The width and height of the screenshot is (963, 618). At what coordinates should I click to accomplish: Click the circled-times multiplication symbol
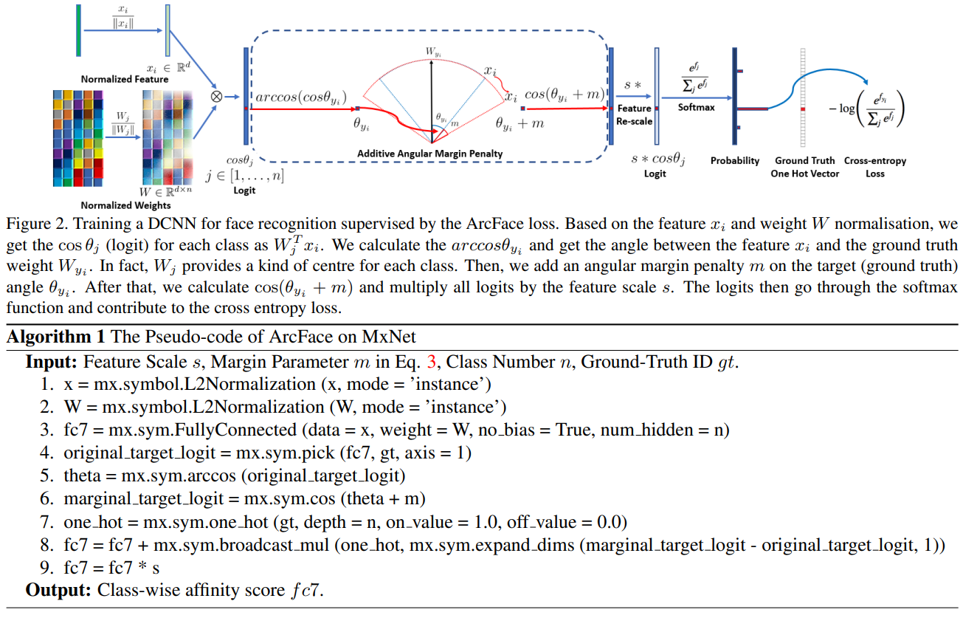coord(216,97)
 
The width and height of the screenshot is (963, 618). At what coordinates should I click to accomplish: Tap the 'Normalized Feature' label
coord(125,79)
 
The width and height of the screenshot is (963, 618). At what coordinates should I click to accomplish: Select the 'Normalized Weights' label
coord(125,205)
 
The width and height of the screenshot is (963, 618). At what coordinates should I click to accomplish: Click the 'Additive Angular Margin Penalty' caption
coord(430,154)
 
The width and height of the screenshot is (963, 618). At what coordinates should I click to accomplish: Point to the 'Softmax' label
coord(696,107)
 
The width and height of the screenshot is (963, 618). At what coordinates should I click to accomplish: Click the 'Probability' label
coord(735,160)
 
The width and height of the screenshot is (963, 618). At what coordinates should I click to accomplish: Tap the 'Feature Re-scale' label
coord(634,115)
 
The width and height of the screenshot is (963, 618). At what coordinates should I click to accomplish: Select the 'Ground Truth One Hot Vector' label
coord(805,167)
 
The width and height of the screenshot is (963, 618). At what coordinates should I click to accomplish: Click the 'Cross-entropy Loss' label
coord(875,167)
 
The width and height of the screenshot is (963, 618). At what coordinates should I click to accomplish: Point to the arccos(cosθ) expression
coord(301,97)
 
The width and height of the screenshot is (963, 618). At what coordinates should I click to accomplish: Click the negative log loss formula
coord(866,109)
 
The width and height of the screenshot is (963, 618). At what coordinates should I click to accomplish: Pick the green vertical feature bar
coord(78,30)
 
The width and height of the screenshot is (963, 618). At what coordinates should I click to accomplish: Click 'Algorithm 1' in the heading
coord(55,337)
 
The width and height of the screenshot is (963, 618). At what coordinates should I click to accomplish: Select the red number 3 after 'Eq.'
coord(431,362)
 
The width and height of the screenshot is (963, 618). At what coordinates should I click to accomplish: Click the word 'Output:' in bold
coord(58,590)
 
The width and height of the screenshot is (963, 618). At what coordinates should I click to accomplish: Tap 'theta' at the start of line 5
coord(82,475)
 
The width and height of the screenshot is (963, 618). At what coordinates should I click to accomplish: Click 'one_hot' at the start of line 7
coord(93,522)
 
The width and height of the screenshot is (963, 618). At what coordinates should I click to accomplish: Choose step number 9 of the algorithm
coord(46,568)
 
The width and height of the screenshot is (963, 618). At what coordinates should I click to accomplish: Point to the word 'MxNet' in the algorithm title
coord(389,337)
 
